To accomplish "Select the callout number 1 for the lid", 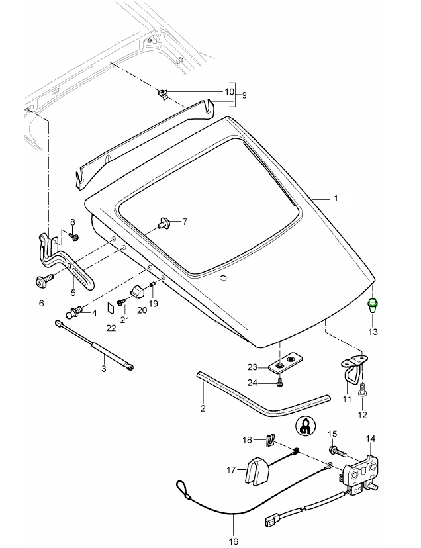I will click(x=336, y=199).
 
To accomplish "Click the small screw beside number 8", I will click(x=74, y=236).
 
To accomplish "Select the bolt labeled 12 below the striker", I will click(x=362, y=394).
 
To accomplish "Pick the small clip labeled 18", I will click(x=270, y=440).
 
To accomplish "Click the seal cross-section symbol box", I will click(x=306, y=425).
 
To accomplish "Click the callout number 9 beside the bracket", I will click(x=244, y=95).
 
